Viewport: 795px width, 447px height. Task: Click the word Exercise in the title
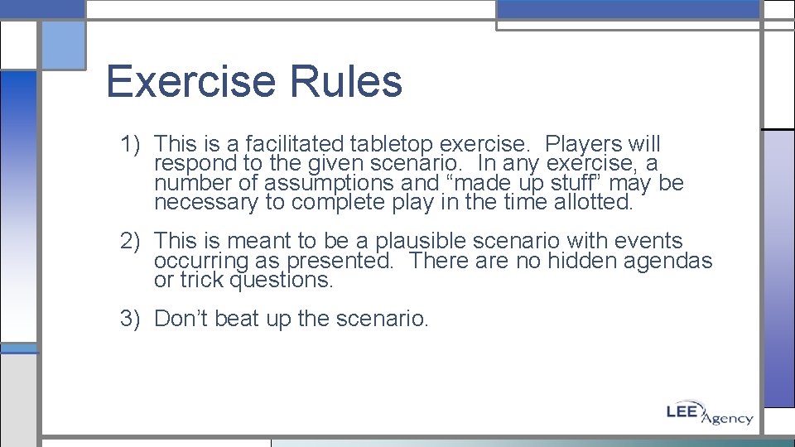tap(191, 81)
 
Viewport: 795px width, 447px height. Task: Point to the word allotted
tap(593, 202)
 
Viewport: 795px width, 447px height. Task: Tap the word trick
tap(202, 280)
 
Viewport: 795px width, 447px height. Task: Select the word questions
tap(281, 280)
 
